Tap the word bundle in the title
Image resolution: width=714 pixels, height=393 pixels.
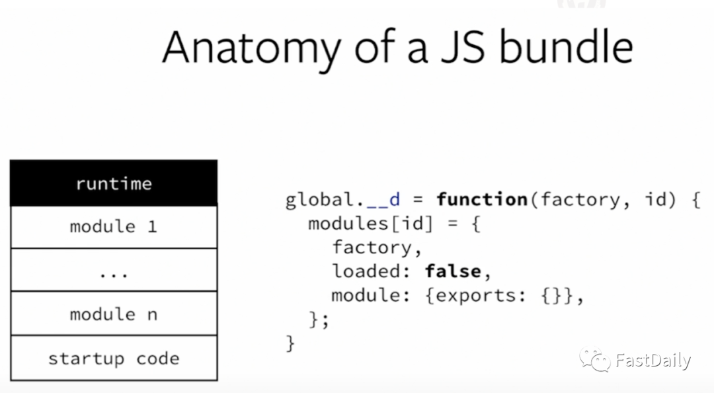(565, 47)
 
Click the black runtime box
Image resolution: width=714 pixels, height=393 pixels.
(114, 183)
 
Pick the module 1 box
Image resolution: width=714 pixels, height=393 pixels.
(114, 227)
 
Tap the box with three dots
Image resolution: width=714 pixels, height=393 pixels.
(114, 271)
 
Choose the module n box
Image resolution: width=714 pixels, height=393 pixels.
(114, 314)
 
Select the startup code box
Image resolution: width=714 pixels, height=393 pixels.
(114, 359)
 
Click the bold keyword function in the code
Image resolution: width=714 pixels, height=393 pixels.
(482, 199)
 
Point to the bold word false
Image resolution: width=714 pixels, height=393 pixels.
(453, 271)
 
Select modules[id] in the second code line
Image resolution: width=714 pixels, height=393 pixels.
(370, 224)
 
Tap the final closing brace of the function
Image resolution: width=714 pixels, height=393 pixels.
(290, 343)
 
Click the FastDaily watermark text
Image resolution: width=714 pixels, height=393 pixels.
(653, 361)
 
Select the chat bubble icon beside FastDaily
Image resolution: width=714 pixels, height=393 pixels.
(595, 360)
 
